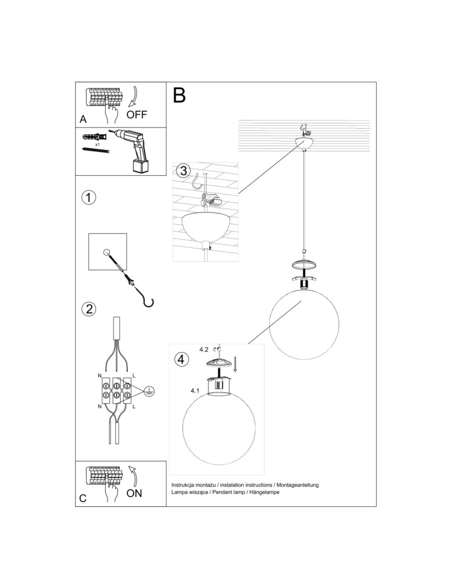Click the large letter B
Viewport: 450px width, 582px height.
pos(180,95)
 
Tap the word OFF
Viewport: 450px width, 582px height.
pos(137,115)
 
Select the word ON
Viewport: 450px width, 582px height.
pos(134,493)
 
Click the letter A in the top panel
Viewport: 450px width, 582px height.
pos(83,119)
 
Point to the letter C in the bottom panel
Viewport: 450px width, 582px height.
pos(83,498)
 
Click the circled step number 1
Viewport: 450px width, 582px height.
pos(88,197)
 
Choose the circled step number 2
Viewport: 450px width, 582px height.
pos(88,308)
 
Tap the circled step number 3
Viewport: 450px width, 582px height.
pos(183,171)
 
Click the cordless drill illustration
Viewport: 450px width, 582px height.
pos(136,149)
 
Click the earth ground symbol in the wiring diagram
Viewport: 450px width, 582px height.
pos(149,391)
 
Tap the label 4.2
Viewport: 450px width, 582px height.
pos(203,350)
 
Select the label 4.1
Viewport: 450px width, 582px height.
pos(195,391)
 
